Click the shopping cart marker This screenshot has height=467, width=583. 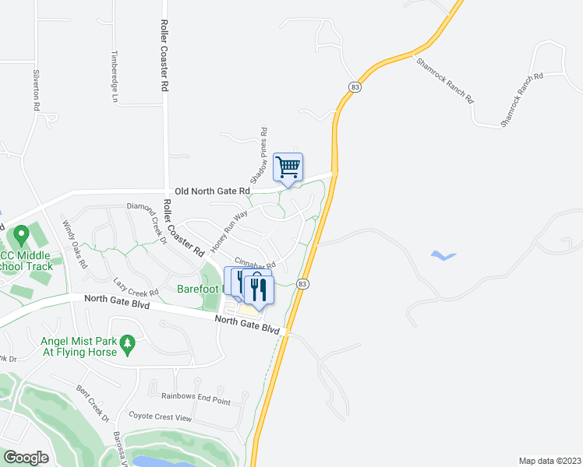click(x=288, y=167)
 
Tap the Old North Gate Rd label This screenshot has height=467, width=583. click(x=213, y=191)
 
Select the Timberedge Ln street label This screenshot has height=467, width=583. click(x=114, y=78)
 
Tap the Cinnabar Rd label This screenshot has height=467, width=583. click(x=255, y=264)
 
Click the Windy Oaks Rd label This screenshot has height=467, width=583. click(x=76, y=244)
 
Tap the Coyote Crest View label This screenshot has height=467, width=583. click(x=160, y=417)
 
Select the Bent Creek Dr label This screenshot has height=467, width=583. click(x=93, y=402)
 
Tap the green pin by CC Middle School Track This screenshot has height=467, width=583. click(x=20, y=233)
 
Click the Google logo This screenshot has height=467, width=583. click(x=26, y=457)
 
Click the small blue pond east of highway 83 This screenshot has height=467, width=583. click(x=443, y=255)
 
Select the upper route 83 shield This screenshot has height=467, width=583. click(x=355, y=85)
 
